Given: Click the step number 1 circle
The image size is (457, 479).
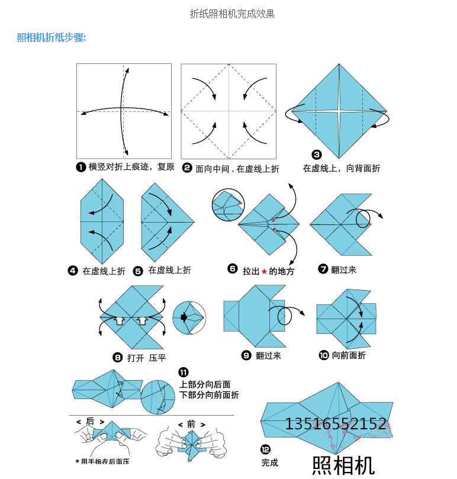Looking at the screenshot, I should [81, 167].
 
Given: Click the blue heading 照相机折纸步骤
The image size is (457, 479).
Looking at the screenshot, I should [52, 38].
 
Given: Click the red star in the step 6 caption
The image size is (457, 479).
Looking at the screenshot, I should [264, 271].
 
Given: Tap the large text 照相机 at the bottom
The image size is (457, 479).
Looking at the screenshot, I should [343, 464].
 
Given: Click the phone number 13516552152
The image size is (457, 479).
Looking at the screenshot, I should [336, 424].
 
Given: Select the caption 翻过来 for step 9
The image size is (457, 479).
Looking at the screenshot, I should [268, 355].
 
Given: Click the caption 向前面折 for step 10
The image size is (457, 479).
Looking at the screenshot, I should [349, 355].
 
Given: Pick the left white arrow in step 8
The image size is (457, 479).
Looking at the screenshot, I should [119, 320].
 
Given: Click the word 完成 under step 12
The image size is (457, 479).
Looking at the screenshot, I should [270, 462].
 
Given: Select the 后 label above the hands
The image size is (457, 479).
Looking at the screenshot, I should [90, 422].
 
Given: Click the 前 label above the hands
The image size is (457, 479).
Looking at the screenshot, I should [191, 425].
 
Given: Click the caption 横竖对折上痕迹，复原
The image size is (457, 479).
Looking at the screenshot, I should [131, 167].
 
